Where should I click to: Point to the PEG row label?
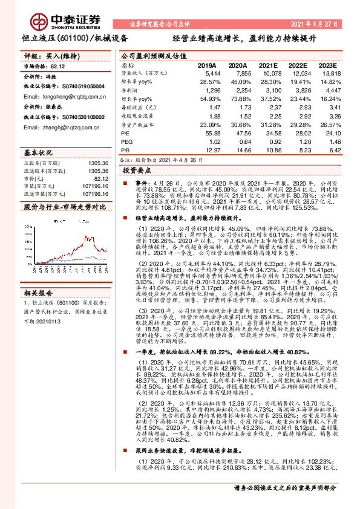coord(126,141)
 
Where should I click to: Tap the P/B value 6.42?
coord(327,149)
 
